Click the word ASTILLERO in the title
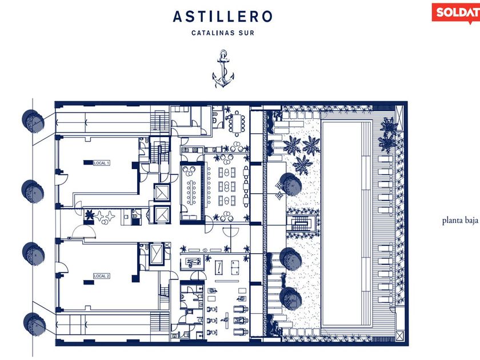[x=223, y=17]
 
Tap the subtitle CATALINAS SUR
[x=223, y=33]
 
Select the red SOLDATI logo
[x=456, y=11]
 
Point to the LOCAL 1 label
[x=101, y=163]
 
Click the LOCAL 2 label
[x=101, y=276]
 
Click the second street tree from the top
[x=31, y=190]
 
